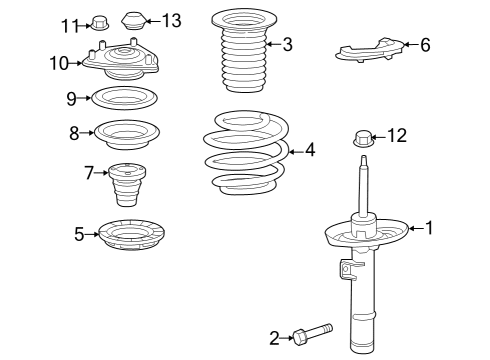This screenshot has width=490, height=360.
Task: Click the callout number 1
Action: click(430, 228)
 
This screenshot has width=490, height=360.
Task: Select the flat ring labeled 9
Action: click(125, 98)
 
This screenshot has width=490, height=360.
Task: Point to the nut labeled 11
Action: click(99, 21)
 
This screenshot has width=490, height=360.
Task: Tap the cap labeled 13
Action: click(133, 20)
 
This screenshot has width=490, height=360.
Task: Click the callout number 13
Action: click(172, 21)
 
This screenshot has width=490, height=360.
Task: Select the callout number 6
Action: click(425, 45)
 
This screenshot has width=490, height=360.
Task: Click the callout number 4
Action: click(310, 150)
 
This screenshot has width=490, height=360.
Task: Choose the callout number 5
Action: click(79, 235)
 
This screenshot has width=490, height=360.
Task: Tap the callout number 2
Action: click(274, 338)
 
